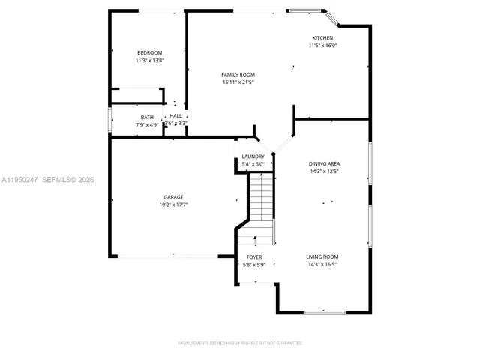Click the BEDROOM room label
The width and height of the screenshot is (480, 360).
point(149,52)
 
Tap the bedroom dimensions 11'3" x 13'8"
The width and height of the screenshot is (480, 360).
point(149,60)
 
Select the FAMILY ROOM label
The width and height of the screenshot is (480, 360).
point(238,74)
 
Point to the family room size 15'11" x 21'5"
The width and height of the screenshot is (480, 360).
point(238,82)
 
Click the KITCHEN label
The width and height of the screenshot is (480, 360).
point(323,37)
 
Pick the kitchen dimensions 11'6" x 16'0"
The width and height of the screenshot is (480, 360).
point(323,45)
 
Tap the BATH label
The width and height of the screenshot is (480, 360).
point(148,117)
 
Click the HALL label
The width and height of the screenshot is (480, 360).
point(175,116)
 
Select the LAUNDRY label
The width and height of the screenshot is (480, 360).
point(253,157)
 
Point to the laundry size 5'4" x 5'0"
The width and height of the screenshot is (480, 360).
point(253,163)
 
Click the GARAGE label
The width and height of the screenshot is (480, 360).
point(173,197)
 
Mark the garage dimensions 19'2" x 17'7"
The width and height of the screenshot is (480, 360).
point(173,205)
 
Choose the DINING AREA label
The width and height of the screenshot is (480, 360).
point(324,163)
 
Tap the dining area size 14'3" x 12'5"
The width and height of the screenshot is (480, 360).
point(324,171)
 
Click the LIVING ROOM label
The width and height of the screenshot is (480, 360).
point(322,256)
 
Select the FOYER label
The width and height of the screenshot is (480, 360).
point(253,257)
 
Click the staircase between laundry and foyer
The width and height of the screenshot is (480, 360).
point(261,206)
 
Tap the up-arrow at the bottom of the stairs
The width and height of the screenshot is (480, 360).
point(255,240)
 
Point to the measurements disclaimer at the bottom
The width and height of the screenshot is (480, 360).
point(239,343)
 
